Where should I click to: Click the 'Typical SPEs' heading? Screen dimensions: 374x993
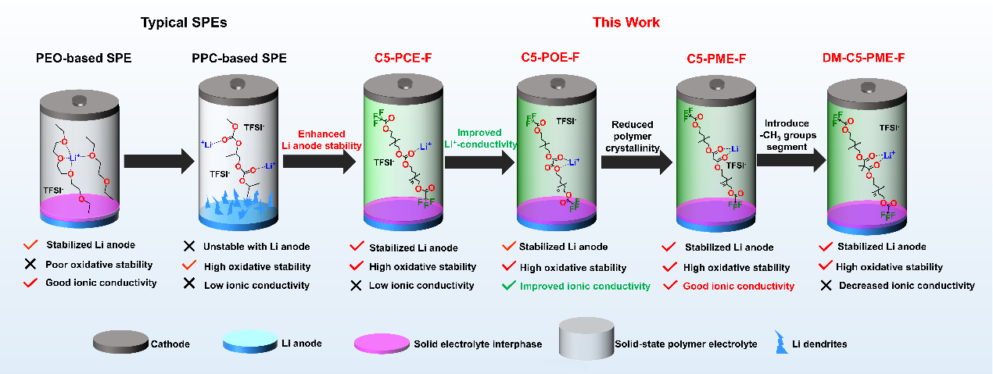[x=184, y=23]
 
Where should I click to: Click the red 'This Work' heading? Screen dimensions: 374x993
[x=626, y=22]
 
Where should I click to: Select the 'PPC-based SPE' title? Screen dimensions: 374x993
[x=239, y=59]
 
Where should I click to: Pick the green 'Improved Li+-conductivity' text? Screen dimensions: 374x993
[x=478, y=137]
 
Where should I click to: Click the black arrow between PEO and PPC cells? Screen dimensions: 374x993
[x=157, y=161]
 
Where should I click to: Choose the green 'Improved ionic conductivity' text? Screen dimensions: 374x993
[x=585, y=286]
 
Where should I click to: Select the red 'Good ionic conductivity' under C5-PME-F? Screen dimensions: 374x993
[x=739, y=286]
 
